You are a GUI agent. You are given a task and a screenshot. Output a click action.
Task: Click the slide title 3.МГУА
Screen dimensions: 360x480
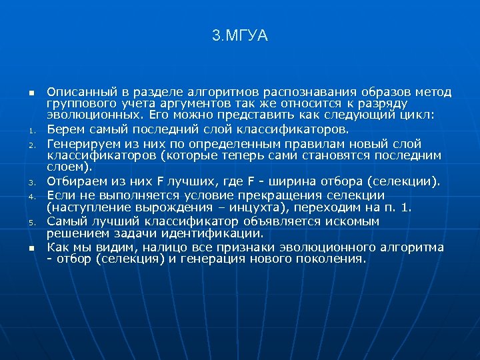[240, 36]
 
